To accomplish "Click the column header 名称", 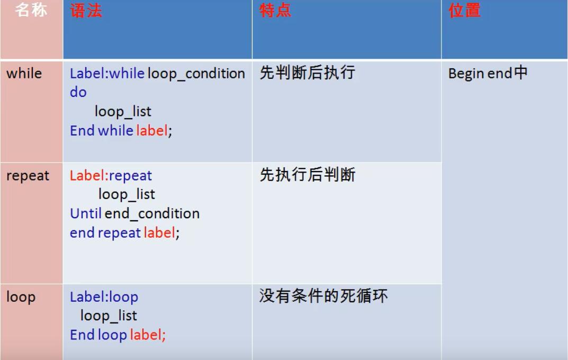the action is pos(31,10).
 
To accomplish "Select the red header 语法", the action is pos(86,11).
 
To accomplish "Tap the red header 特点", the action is pos(275,11).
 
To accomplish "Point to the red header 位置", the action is pos(464,11).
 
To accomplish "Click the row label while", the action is pos(24,74).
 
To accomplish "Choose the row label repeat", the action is pos(28,176).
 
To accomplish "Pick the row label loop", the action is pos(21,297).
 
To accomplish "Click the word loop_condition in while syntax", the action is pos(196,74).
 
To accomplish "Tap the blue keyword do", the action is pos(78,92).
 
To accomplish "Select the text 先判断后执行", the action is pos(308,73).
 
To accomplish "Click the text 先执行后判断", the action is pos(308,175).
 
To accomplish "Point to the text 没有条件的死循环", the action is pos(323,296).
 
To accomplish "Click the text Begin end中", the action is pos(488,73).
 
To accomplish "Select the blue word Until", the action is pos(85,213).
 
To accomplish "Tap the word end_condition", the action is pos(152,214).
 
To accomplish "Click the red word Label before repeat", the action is pos(87,176).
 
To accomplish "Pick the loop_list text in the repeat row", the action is pos(127,195).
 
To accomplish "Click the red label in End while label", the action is pos(152,130).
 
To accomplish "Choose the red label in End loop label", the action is pos(146,335).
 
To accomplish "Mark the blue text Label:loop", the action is pos(104,298).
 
